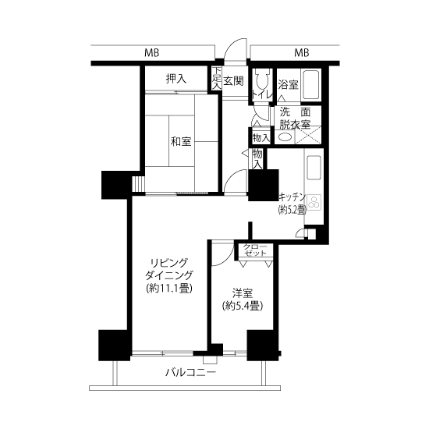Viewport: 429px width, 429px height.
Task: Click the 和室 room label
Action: point(181,142)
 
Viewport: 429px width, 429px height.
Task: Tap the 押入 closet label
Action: point(176,79)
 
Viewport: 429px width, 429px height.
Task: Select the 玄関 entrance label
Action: point(233,80)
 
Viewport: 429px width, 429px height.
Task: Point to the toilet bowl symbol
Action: point(262,80)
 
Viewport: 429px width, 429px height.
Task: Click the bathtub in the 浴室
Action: point(311,85)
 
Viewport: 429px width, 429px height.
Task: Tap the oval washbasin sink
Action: point(284,136)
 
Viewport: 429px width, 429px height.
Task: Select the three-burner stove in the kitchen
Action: point(314,202)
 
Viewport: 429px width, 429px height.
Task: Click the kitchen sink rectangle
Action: point(314,168)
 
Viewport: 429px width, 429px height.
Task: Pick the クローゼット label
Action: point(255,250)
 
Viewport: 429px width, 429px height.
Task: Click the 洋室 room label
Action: point(243,293)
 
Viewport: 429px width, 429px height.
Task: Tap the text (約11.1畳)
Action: point(169,288)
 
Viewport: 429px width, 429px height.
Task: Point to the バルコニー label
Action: point(190,372)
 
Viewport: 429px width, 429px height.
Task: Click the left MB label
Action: point(152,52)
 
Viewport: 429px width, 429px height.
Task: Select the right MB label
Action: point(302,52)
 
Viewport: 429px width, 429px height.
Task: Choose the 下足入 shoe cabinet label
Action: point(217,78)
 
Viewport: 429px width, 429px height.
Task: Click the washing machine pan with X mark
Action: point(308,135)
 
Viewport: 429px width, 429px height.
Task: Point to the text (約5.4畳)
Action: point(243,306)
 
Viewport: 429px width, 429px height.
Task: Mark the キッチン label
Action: point(292,197)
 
